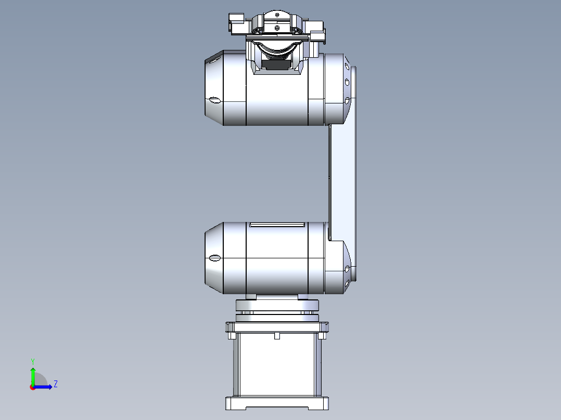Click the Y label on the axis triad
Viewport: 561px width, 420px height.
pyautogui.click(x=33, y=360)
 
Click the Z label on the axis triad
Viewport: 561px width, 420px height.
pyautogui.click(x=55, y=384)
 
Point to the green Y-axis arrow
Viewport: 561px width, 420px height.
pyautogui.click(x=33, y=374)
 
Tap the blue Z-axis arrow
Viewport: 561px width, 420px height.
pyautogui.click(x=45, y=387)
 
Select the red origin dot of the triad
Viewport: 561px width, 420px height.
pyautogui.click(x=32, y=387)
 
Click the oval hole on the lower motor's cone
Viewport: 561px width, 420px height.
pyautogui.click(x=214, y=258)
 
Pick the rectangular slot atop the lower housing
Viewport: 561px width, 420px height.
pyautogui.click(x=276, y=225)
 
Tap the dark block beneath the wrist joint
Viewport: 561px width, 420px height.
pyautogui.click(x=276, y=64)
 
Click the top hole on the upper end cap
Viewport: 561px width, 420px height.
pyautogui.click(x=347, y=66)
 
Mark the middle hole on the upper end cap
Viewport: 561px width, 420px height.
pyautogui.click(x=347, y=82)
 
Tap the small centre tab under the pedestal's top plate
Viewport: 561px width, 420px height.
pyautogui.click(x=276, y=336)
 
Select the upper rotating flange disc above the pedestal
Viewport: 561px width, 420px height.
pyautogui.click(x=277, y=305)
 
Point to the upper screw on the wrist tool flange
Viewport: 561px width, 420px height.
pyautogui.click(x=277, y=19)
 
